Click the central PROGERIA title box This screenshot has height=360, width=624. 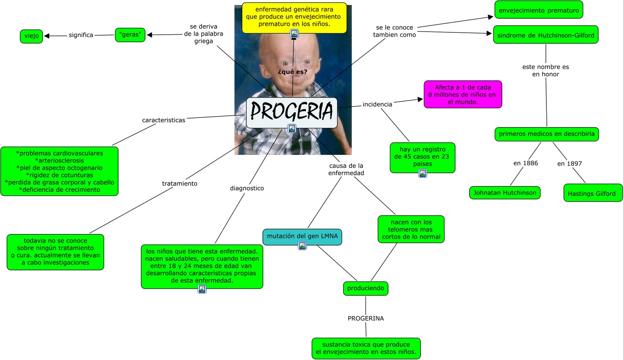point(292,112)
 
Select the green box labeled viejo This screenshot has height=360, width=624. point(32,36)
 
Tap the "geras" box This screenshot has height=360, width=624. point(130,35)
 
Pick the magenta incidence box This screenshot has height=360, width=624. point(463,94)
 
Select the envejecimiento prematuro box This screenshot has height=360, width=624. point(539,10)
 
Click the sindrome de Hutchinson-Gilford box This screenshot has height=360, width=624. point(545,35)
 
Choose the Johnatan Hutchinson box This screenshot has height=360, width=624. point(505,193)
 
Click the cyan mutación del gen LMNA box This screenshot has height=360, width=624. point(302,236)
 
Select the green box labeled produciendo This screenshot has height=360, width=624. point(365,288)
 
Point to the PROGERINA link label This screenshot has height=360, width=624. point(366,318)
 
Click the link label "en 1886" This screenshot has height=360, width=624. point(525,163)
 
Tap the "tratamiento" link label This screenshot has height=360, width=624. point(180,183)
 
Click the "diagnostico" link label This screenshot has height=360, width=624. point(247,188)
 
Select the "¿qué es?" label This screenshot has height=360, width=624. point(292,72)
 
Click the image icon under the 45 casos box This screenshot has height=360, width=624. point(422,173)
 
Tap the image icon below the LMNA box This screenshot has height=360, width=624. point(302,246)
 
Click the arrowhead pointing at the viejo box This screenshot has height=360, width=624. point(47,36)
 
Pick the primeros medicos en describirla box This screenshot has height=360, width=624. point(546,134)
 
